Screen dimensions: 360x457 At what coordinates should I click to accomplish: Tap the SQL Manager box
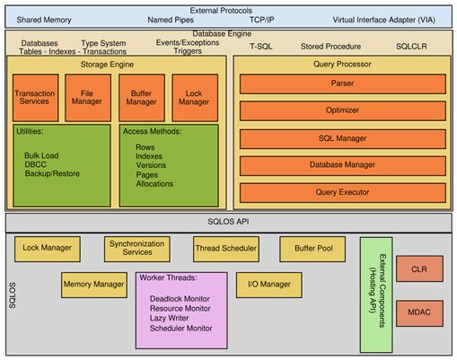pyautogui.click(x=341, y=139)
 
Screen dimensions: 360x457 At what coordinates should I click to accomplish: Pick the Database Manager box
pyautogui.click(x=341, y=165)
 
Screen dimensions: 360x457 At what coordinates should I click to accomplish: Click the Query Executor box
pyautogui.click(x=341, y=191)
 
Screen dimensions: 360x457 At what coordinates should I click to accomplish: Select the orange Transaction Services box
pyautogui.click(x=35, y=96)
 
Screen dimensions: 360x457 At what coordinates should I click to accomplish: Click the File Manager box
pyautogui.click(x=87, y=96)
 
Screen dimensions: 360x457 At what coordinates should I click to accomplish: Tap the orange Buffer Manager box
pyautogui.click(x=140, y=96)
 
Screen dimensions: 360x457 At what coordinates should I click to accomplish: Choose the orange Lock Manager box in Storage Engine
pyautogui.click(x=191, y=96)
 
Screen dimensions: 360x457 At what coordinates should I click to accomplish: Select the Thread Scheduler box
pyautogui.click(x=224, y=248)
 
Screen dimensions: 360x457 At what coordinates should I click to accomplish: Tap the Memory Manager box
pyautogui.click(x=93, y=285)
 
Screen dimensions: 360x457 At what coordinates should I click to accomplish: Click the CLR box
pyautogui.click(x=419, y=268)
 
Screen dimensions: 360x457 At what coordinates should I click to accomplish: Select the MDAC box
pyautogui.click(x=419, y=314)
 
